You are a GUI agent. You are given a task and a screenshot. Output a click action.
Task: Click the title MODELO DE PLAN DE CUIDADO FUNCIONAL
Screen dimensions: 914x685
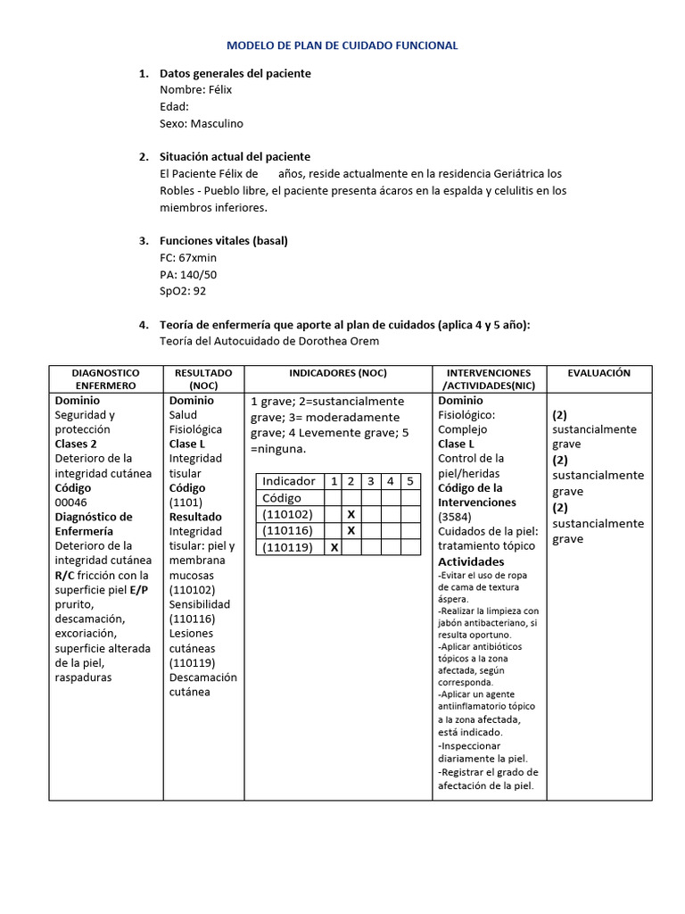point(342,45)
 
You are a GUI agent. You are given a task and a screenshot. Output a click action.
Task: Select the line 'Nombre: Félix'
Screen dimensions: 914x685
point(196,90)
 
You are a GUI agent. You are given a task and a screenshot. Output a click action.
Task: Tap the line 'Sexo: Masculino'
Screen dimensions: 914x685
point(201,124)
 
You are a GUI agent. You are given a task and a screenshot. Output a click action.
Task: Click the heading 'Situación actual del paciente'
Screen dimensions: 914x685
point(235,157)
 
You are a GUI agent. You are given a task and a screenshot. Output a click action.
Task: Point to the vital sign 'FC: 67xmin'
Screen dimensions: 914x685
point(187,258)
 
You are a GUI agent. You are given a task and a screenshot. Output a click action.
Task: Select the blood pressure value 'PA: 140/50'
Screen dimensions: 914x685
point(187,275)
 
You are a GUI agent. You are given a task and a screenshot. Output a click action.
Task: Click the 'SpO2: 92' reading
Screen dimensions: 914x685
point(183,292)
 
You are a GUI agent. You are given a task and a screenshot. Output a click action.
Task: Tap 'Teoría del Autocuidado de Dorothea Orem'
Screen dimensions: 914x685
point(268,341)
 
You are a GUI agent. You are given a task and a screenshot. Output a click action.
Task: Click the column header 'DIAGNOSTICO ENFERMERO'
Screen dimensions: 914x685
point(105,378)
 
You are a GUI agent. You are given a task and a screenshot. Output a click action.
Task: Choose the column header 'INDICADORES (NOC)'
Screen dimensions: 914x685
point(338,372)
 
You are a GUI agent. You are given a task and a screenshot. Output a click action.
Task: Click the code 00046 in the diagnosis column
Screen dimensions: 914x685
point(71,503)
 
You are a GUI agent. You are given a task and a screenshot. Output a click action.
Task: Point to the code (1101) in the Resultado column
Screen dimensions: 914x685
point(186,503)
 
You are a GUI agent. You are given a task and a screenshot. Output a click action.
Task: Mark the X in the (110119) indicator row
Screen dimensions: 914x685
point(334,547)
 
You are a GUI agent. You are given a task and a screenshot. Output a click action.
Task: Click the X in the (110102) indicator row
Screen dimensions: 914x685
point(351,515)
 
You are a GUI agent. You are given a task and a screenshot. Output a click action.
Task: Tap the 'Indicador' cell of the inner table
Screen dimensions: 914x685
point(289,482)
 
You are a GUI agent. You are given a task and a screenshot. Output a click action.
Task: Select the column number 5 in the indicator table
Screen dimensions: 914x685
point(409,482)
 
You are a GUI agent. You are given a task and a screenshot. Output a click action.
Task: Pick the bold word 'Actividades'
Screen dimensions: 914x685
point(471,561)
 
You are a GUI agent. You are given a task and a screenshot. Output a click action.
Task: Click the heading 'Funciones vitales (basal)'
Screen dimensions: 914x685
point(223,241)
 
